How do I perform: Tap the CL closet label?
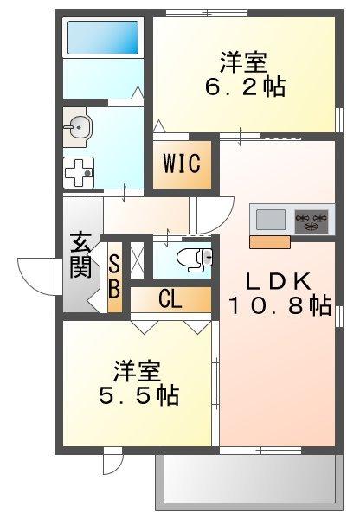point(170,298)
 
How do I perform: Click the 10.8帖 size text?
point(280,305)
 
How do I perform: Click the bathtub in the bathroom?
point(102,37)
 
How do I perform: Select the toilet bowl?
point(197,258)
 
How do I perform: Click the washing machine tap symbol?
point(79,171)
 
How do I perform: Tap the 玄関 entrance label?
point(80,255)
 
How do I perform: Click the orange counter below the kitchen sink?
point(269,240)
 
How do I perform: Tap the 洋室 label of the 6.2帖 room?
point(242,63)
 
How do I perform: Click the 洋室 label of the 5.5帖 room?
point(136,372)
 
